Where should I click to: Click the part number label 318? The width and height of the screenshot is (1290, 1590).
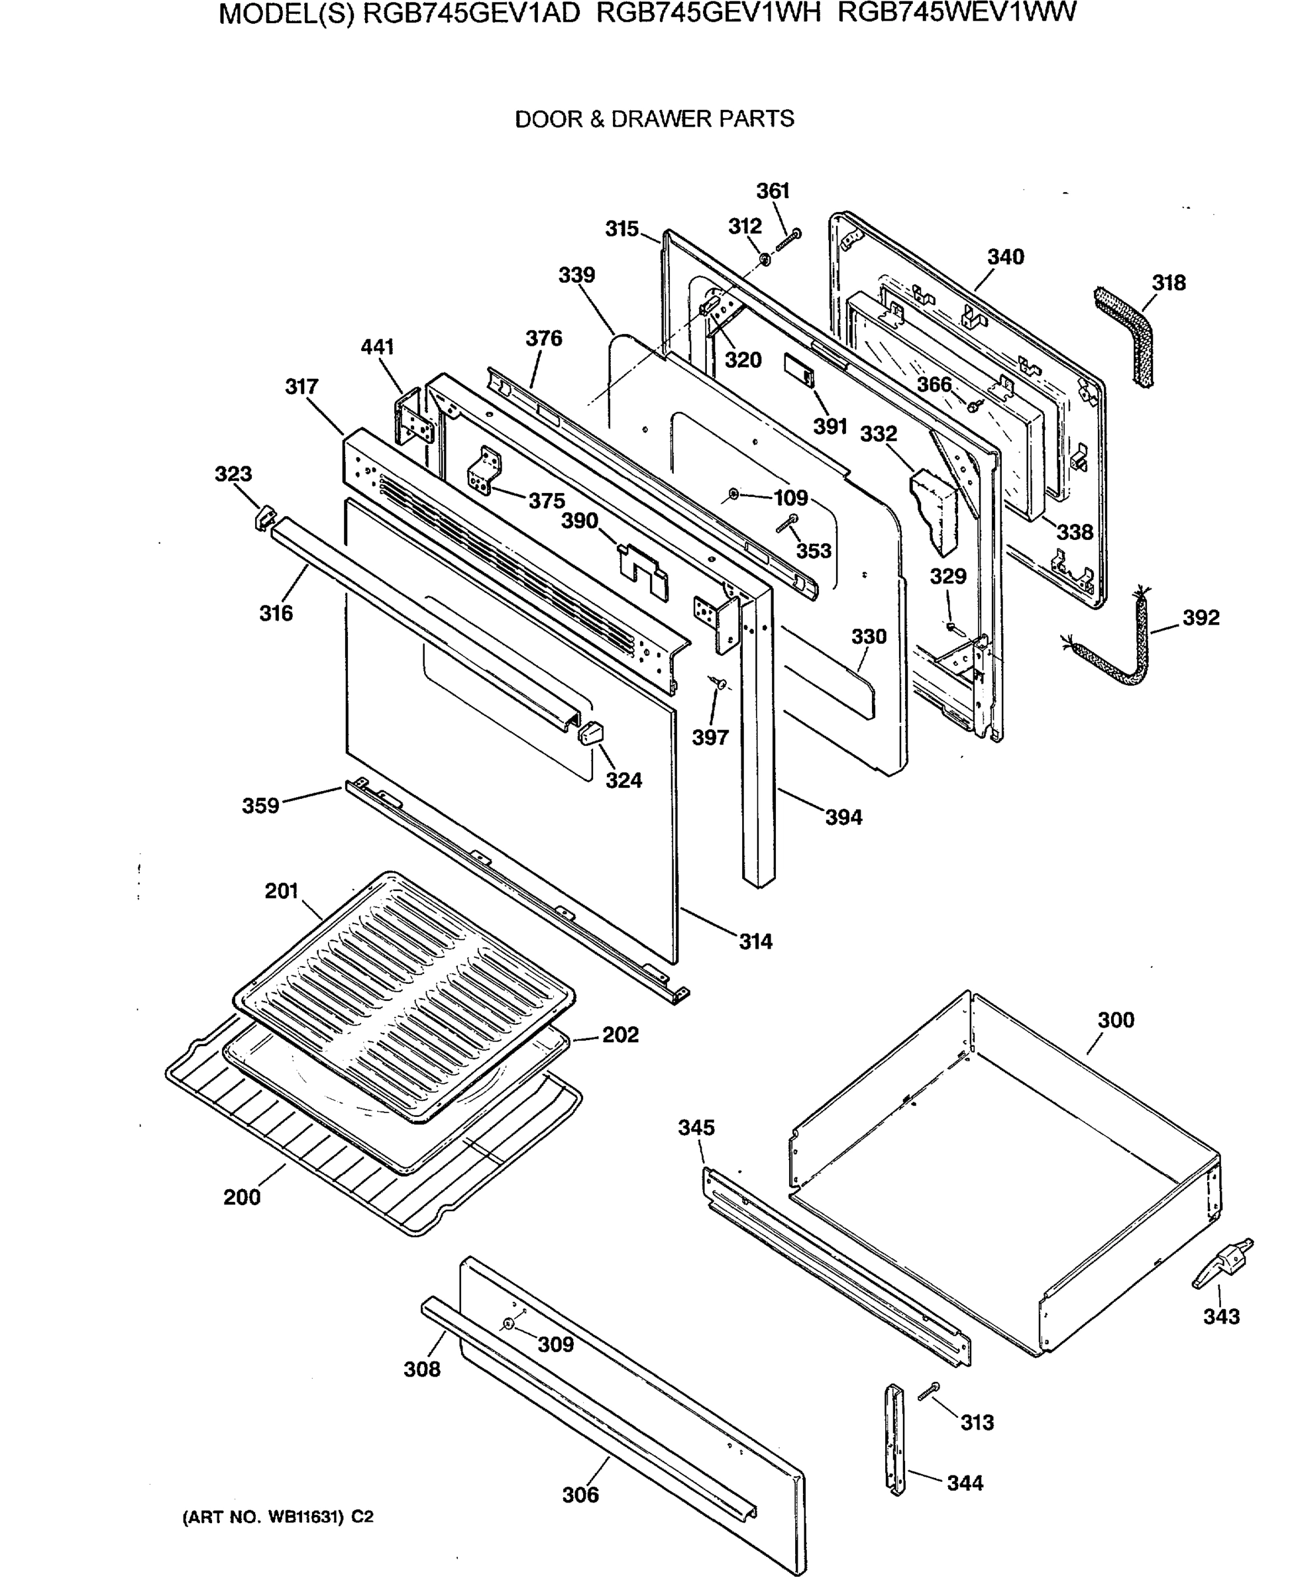click(x=1168, y=283)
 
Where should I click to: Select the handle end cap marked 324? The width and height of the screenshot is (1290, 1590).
click(x=590, y=733)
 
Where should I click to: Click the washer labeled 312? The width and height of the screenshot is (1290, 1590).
click(x=765, y=258)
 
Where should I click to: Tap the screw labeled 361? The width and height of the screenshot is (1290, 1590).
click(x=788, y=240)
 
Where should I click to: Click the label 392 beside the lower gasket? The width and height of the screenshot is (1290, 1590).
click(x=1201, y=617)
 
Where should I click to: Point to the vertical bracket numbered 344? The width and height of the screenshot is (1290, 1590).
click(x=895, y=1439)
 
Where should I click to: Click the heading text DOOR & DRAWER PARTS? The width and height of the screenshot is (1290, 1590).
click(x=654, y=119)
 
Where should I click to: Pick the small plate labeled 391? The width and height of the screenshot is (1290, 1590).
click(x=800, y=369)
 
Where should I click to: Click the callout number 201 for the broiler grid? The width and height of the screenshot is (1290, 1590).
click(x=282, y=891)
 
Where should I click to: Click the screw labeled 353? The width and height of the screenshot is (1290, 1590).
click(x=788, y=522)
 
